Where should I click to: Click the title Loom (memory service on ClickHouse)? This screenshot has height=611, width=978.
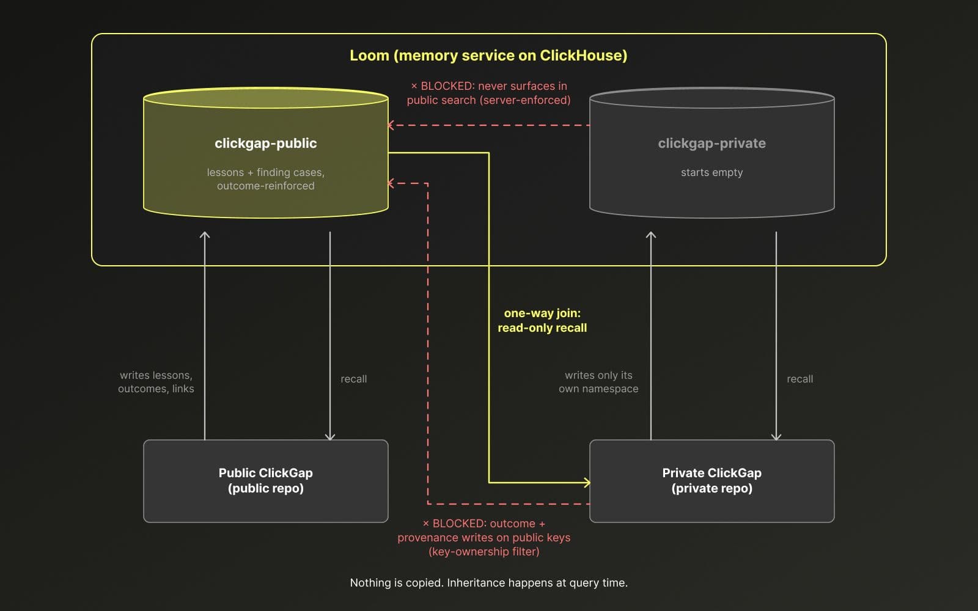[488, 56]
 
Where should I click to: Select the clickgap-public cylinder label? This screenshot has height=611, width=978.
[265, 143]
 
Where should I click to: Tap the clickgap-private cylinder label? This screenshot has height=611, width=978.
[711, 143]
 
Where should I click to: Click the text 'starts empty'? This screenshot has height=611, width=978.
[711, 172]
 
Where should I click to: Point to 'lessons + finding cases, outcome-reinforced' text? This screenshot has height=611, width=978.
[265, 179]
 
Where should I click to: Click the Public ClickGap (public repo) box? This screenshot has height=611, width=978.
[265, 481]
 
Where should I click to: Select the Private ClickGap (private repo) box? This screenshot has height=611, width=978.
[711, 481]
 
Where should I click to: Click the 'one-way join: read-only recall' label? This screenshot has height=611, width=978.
[542, 320]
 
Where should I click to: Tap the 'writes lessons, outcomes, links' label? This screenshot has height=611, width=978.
[156, 382]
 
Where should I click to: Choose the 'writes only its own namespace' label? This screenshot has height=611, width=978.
[598, 382]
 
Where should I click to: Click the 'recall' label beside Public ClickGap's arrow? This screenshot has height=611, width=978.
[354, 379]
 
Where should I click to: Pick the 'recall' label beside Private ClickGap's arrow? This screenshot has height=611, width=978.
[800, 379]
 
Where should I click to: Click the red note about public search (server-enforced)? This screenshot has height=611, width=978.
[488, 93]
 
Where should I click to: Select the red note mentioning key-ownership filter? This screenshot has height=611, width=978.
[483, 537]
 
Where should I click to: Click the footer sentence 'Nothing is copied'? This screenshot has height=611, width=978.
[488, 583]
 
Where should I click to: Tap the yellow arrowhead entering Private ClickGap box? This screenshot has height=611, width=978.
[587, 482]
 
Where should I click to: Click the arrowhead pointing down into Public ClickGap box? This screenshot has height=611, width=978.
[330, 437]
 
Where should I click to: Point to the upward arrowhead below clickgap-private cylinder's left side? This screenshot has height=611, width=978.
[651, 235]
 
